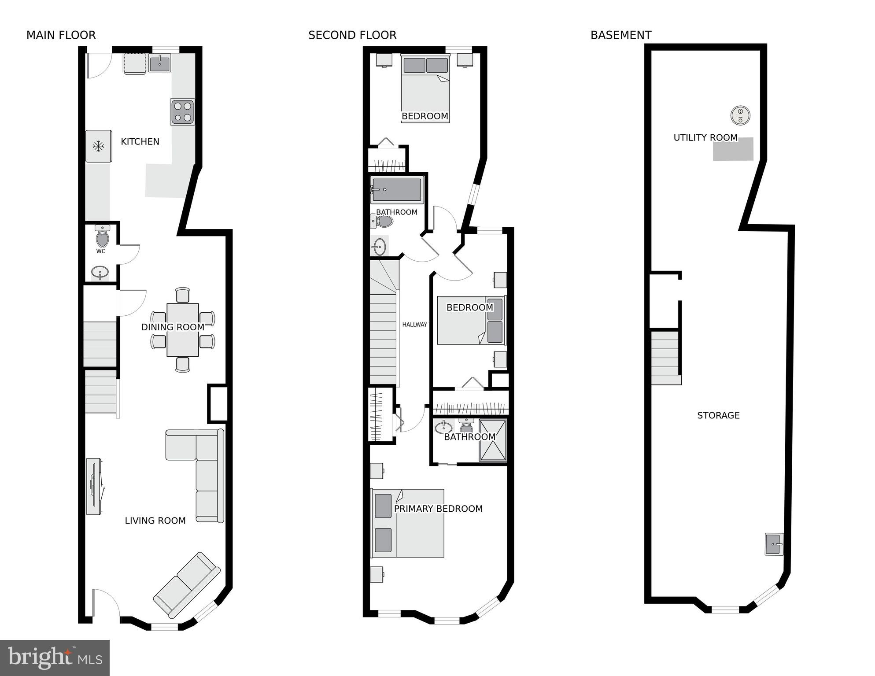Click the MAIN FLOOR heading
(x=61, y=35)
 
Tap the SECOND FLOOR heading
(x=352, y=35)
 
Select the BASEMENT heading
(x=620, y=35)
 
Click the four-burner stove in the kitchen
(x=182, y=112)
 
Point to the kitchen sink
(x=159, y=64)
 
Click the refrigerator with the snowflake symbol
(x=98, y=146)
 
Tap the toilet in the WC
(x=102, y=238)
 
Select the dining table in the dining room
(x=182, y=329)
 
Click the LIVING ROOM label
(x=155, y=521)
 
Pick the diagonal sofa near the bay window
(x=187, y=585)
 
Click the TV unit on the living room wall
(x=94, y=486)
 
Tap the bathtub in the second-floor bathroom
(x=397, y=190)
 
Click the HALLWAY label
(x=414, y=325)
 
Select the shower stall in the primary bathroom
(x=493, y=440)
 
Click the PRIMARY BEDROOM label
(x=438, y=509)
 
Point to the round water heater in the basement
(x=740, y=116)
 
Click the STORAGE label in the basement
(x=718, y=415)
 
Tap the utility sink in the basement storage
(x=774, y=544)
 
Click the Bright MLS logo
(x=55, y=658)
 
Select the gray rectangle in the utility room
(x=733, y=149)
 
